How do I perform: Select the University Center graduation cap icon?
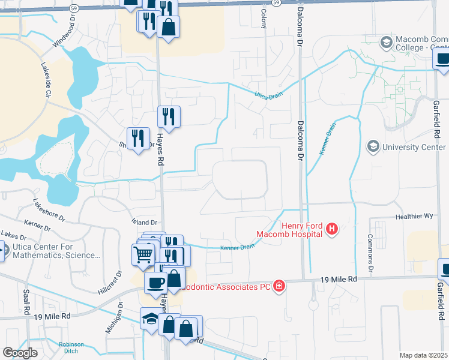[x=373, y=146]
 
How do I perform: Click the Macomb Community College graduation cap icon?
[x=386, y=42]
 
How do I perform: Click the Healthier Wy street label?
[x=414, y=216]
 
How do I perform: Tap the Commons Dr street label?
[x=371, y=247]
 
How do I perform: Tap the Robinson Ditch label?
[x=71, y=348]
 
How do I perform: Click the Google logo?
[x=19, y=352]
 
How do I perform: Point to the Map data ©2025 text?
[x=423, y=355]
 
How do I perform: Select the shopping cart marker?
[x=143, y=254]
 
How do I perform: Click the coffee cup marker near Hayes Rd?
[x=155, y=281]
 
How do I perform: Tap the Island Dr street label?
[x=144, y=222]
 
